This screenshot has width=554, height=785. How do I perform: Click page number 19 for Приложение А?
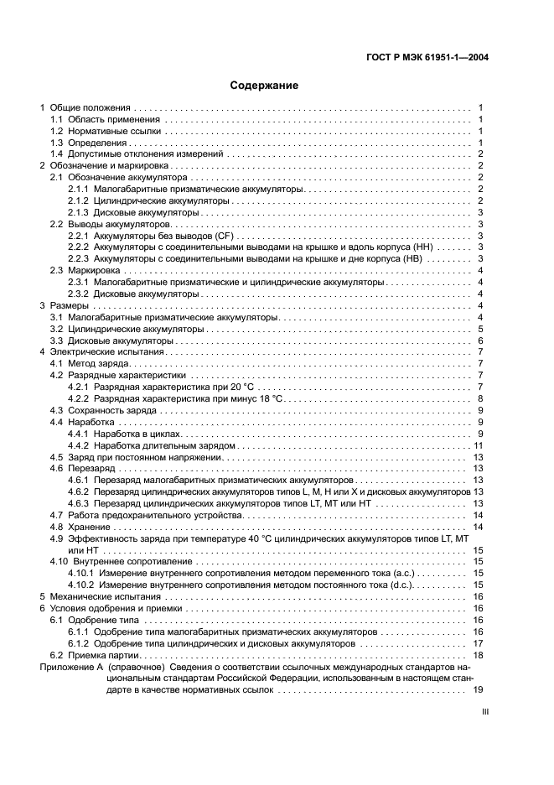tap(479, 689)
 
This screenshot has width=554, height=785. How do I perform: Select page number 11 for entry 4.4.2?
tap(479, 445)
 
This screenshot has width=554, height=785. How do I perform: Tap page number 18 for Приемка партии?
tap(479, 654)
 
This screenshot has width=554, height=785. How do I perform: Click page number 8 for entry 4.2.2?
tap(480, 398)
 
